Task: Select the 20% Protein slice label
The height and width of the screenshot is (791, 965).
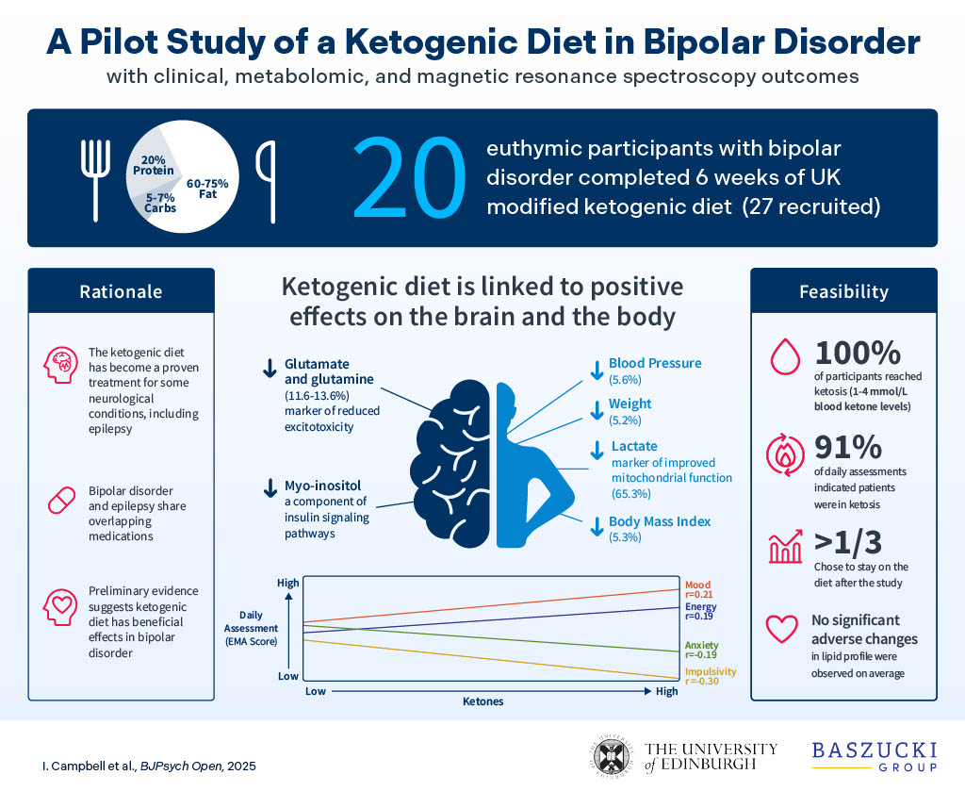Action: tap(153, 165)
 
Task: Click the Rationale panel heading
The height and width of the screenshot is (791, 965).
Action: tap(121, 292)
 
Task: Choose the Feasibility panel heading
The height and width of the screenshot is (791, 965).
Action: tap(843, 292)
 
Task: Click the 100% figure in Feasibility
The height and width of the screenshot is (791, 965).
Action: tap(859, 354)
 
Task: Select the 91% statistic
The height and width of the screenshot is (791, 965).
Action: tap(846, 446)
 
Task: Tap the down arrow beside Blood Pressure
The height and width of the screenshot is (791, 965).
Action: tap(596, 371)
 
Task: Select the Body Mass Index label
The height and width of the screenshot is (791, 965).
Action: tap(659, 521)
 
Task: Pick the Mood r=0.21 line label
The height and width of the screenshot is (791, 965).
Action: tap(698, 589)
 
